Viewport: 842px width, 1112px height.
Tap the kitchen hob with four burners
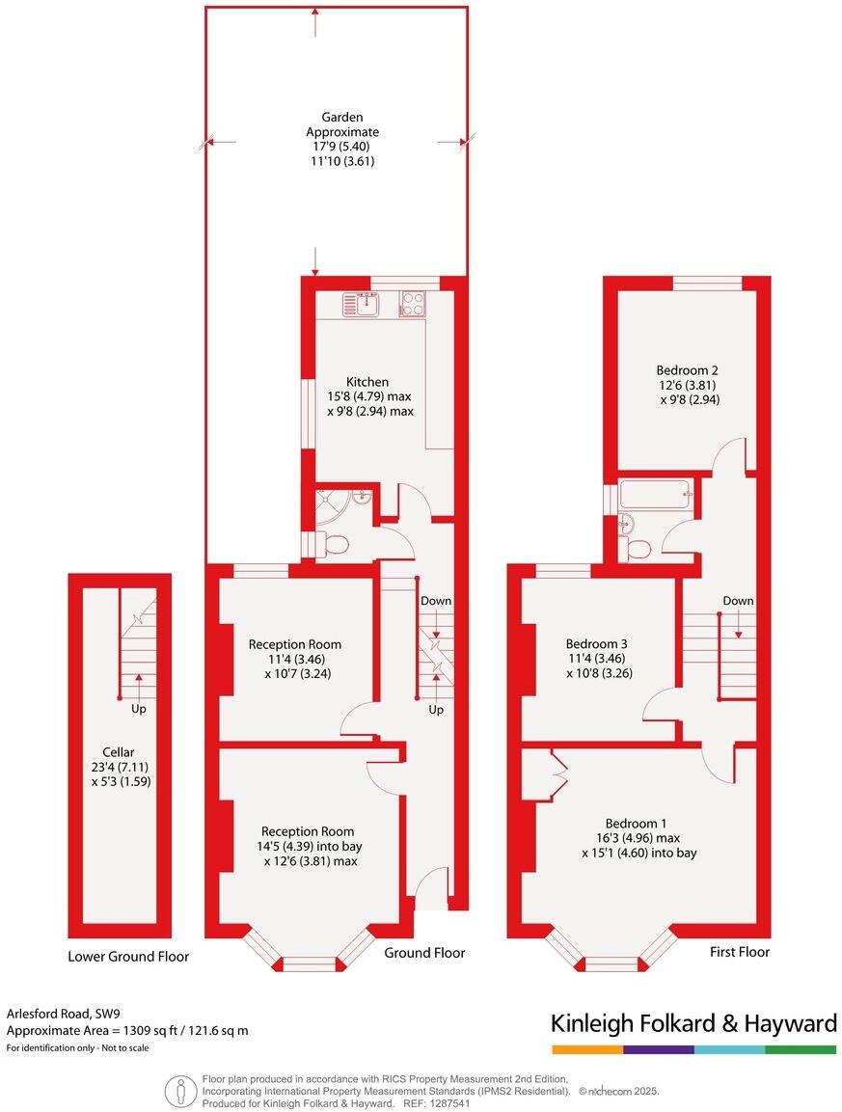pyautogui.click(x=413, y=304)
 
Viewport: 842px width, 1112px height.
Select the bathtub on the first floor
pyautogui.click(x=656, y=497)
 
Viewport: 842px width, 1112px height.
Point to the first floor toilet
pyautogui.click(x=637, y=548)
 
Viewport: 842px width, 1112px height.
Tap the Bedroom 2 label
pyautogui.click(x=687, y=369)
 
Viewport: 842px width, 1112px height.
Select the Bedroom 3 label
pyautogui.click(x=596, y=644)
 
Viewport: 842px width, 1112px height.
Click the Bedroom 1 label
pyautogui.click(x=638, y=823)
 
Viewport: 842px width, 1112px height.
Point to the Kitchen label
pyautogui.click(x=367, y=382)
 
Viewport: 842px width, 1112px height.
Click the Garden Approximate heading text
pyautogui.click(x=342, y=124)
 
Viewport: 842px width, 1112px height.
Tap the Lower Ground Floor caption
pyautogui.click(x=128, y=957)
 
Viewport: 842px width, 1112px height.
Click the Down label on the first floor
pyautogui.click(x=738, y=601)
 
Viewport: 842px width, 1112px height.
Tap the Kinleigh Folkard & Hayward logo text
pyautogui.click(x=693, y=1023)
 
